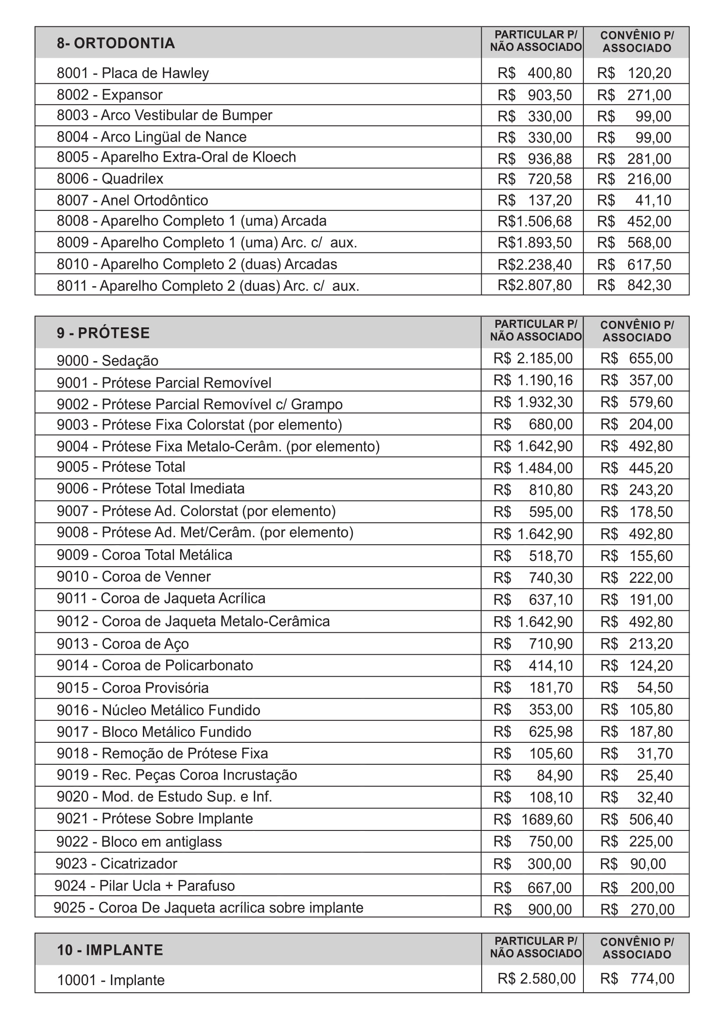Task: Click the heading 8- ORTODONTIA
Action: pyautogui.click(x=116, y=43)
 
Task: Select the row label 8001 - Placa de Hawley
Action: pyautogui.click(x=132, y=73)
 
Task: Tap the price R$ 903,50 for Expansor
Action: pyautogui.click(x=534, y=95)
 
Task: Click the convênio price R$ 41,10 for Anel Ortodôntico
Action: pyautogui.click(x=634, y=200)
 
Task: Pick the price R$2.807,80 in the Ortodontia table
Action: pyautogui.click(x=534, y=285)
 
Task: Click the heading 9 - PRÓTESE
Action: pyautogui.click(x=103, y=333)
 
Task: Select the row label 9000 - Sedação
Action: pyautogui.click(x=107, y=360)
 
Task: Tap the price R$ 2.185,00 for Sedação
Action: pyautogui.click(x=533, y=358)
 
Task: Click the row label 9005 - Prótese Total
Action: pyautogui.click(x=121, y=467)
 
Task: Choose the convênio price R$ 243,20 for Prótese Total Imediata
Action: pyautogui.click(x=636, y=490)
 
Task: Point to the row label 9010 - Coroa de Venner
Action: pyautogui.click(x=134, y=576)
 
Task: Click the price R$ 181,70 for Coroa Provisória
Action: pyautogui.click(x=533, y=688)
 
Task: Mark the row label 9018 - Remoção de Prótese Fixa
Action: pyautogui.click(x=162, y=753)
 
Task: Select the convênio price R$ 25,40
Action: pyautogui.click(x=636, y=775)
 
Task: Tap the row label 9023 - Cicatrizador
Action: pyautogui.click(x=116, y=863)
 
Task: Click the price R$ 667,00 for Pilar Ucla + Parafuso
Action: pyautogui.click(x=532, y=887)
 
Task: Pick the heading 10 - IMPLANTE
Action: pyautogui.click(x=110, y=950)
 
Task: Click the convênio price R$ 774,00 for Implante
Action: pyautogui.click(x=636, y=979)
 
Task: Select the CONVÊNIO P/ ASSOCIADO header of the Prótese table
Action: pyautogui.click(x=636, y=331)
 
